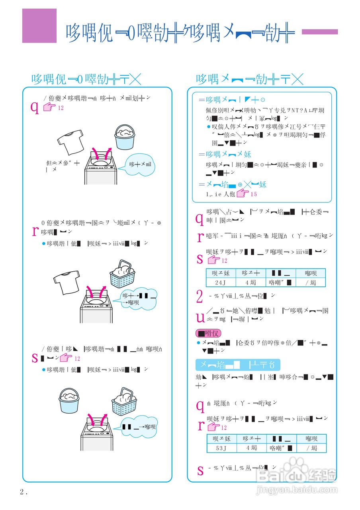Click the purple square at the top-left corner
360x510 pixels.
pyautogui.click(x=39, y=26)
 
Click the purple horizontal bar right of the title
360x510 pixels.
pyautogui.click(x=319, y=32)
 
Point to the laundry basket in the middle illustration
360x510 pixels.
pyautogui.click(x=122, y=275)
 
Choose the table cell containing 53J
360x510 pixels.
pyautogui.click(x=221, y=448)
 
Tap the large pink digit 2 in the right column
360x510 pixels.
pyautogui.click(x=200, y=297)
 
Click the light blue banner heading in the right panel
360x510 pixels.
pyautogui.click(x=237, y=365)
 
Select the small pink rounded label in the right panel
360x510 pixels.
pyautogui.click(x=208, y=333)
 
